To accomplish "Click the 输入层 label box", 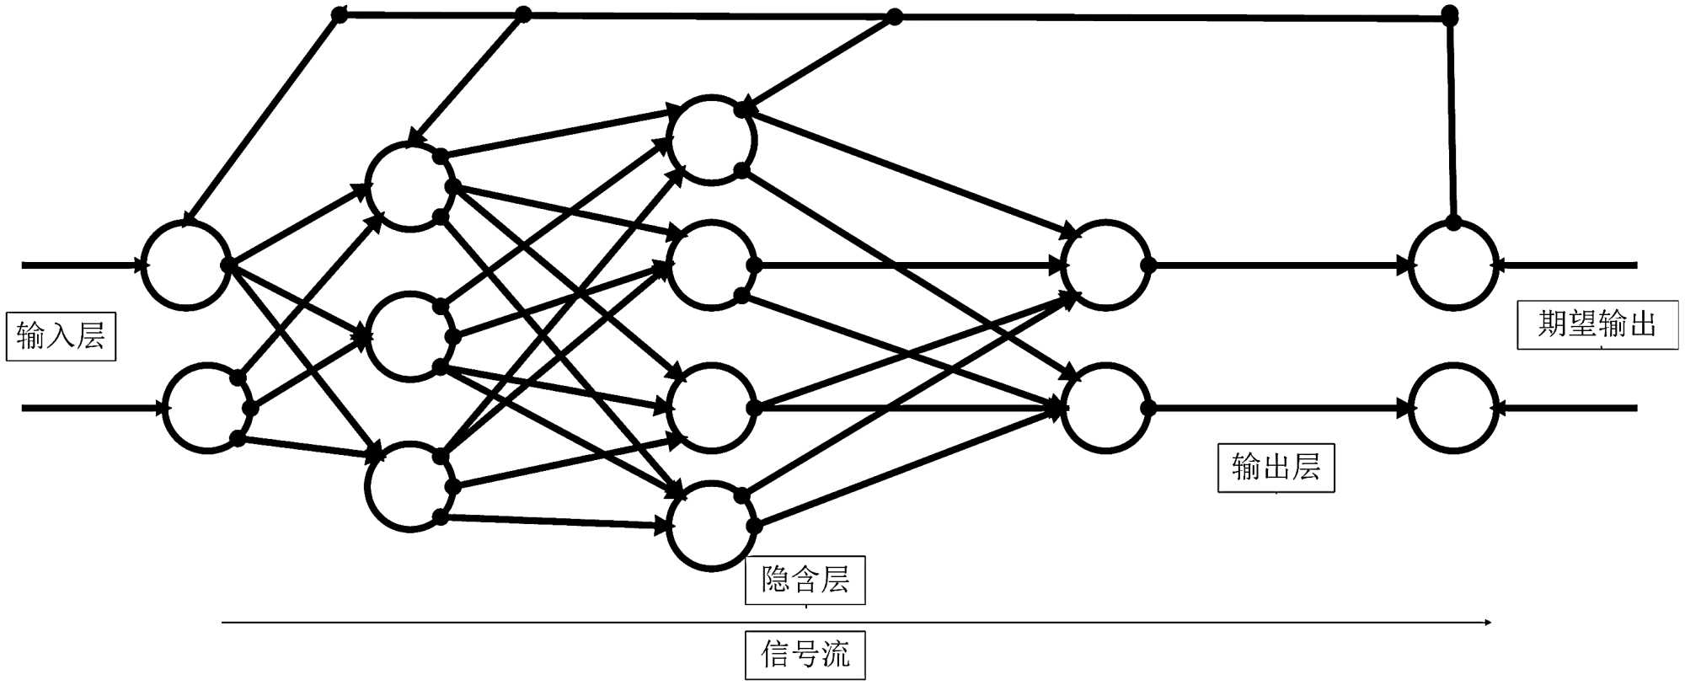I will pyautogui.click(x=61, y=337).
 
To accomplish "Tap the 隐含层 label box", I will pyautogui.click(x=805, y=580).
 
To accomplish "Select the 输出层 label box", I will pyautogui.click(x=1276, y=468).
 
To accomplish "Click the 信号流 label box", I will pyautogui.click(x=805, y=655).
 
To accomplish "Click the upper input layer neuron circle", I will pyautogui.click(x=185, y=265).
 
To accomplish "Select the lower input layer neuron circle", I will pyautogui.click(x=206, y=409).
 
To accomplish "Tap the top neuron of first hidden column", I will pyautogui.click(x=410, y=186).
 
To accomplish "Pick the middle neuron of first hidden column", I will pyautogui.click(x=410, y=336).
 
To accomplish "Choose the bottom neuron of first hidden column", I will pyautogui.click(x=410, y=486).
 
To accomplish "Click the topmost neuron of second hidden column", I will pyautogui.click(x=712, y=140).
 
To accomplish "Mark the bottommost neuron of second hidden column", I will pyautogui.click(x=712, y=526).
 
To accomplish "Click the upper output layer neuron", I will pyautogui.click(x=1105, y=265).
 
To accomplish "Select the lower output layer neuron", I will pyautogui.click(x=1105, y=409).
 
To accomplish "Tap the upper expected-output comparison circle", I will pyautogui.click(x=1453, y=265).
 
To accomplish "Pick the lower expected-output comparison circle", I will pyautogui.click(x=1453, y=409).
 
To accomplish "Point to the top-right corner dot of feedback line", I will pyautogui.click(x=1450, y=14).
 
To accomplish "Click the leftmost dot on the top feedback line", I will pyautogui.click(x=339, y=14).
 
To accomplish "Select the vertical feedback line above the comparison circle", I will pyautogui.click(x=1452, y=118).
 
